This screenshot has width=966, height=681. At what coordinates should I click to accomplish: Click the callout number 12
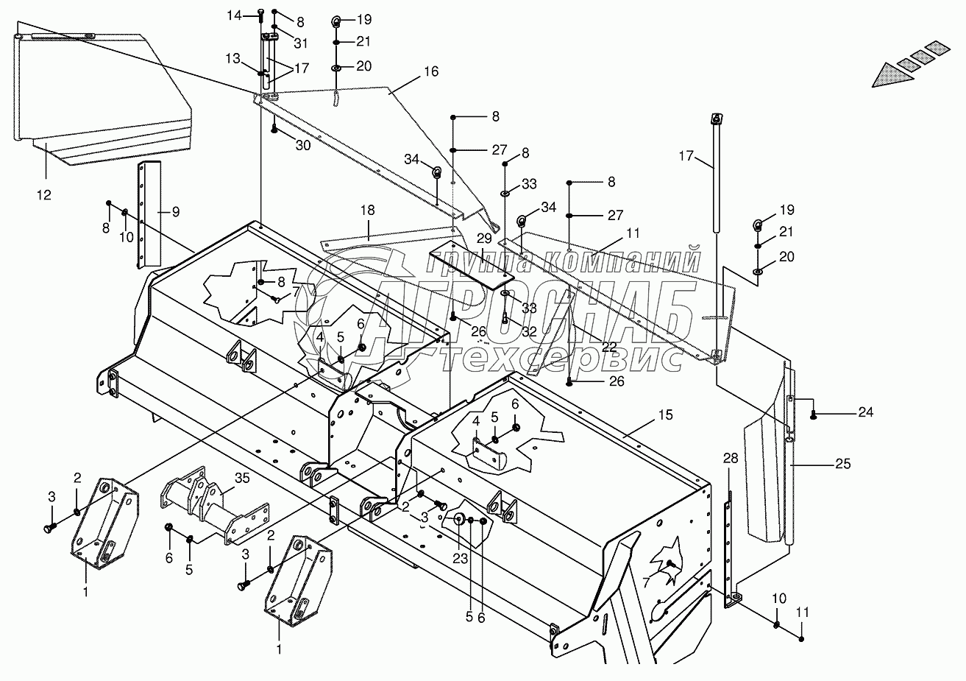[x=45, y=194]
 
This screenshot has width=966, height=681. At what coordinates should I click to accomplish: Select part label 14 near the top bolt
[x=233, y=15]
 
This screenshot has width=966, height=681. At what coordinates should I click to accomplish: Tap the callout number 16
[x=430, y=72]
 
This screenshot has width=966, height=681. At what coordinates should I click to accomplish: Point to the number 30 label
[x=303, y=146]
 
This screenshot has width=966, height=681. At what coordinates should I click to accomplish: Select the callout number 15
[x=665, y=415]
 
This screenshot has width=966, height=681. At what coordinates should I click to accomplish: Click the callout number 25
[x=842, y=464]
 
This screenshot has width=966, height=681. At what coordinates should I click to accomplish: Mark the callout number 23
[x=460, y=558]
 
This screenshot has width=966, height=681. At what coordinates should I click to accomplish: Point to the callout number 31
[x=299, y=43]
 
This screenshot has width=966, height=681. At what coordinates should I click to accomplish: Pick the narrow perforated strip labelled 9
[x=152, y=214]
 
